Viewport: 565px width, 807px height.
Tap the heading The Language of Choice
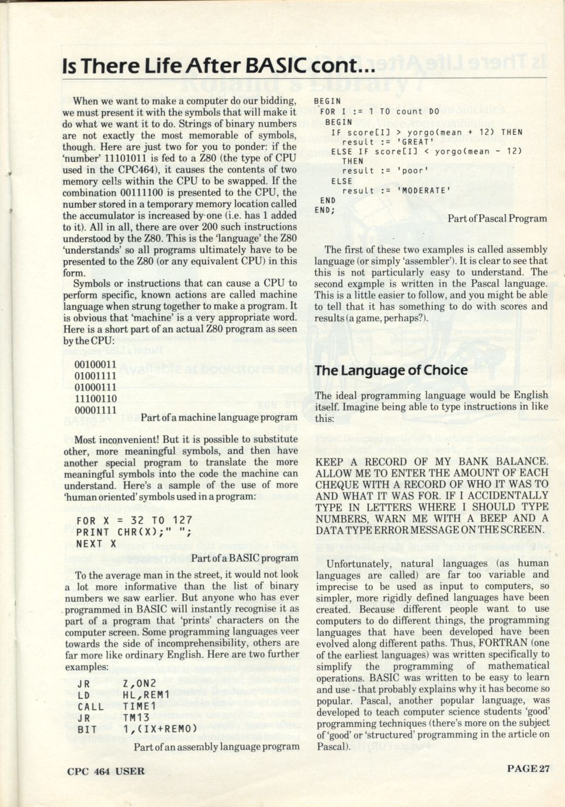click(391, 370)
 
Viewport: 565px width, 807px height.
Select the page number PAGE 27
click(528, 769)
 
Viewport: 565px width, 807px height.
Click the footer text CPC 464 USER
click(106, 771)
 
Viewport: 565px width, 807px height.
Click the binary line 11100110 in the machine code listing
click(95, 399)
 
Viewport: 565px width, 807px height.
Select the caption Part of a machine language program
click(219, 417)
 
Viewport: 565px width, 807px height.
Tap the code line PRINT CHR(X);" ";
click(134, 532)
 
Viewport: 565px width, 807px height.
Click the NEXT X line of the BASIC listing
click(96, 543)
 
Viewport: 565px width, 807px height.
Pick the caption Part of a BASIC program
click(244, 558)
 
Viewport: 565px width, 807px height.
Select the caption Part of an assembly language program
click(216, 746)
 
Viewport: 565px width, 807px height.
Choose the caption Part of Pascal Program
click(497, 219)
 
